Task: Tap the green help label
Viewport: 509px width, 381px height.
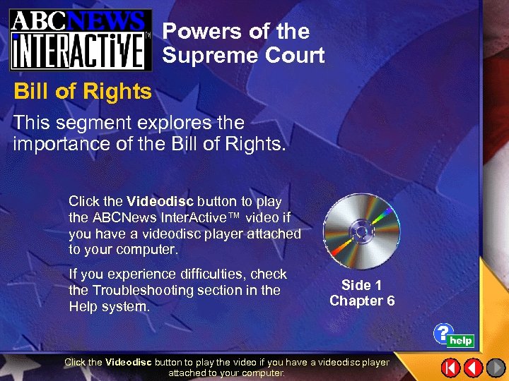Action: click(x=461, y=341)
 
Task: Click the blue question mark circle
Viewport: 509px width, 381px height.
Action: click(x=443, y=332)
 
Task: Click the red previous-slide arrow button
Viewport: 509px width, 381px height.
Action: click(x=473, y=368)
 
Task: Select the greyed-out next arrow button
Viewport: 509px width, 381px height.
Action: click(x=496, y=368)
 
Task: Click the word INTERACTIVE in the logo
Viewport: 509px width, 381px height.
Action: click(x=79, y=50)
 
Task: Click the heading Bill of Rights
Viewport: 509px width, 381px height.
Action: click(x=83, y=92)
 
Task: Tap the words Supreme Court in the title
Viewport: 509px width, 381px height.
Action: click(x=243, y=55)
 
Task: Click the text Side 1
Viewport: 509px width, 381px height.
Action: click(x=361, y=285)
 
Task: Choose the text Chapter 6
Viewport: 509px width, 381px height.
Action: click(x=361, y=301)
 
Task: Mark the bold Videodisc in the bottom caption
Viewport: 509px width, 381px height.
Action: click(x=129, y=363)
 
